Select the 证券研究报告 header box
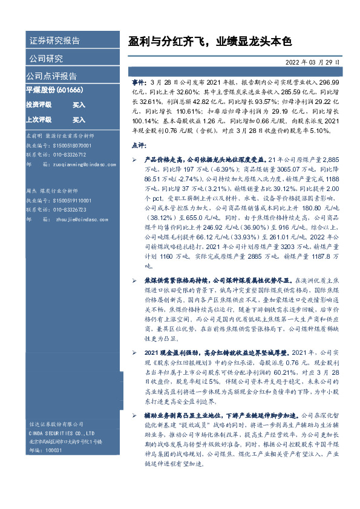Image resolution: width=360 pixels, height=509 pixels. (x=54, y=41)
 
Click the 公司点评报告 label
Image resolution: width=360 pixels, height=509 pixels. (x=51, y=76)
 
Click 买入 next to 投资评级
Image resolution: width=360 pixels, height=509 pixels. (x=79, y=105)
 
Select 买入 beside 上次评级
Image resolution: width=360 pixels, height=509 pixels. (x=79, y=120)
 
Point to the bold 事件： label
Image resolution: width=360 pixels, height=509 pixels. (x=139, y=81)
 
